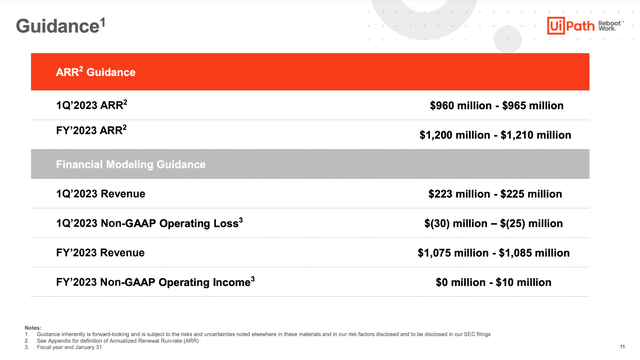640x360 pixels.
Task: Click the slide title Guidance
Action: click(x=61, y=27)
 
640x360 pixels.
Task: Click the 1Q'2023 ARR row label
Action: click(x=83, y=103)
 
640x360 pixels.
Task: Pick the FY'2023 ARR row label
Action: click(x=82, y=131)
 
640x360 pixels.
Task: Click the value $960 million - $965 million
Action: click(x=496, y=105)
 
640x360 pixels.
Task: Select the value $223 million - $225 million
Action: click(x=496, y=196)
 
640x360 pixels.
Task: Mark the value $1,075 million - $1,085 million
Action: click(x=494, y=254)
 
